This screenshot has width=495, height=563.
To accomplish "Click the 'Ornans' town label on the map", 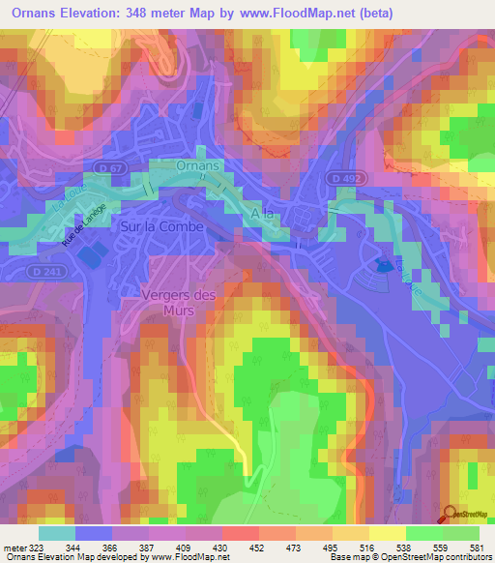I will coord(199,166).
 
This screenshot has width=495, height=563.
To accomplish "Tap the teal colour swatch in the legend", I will coord(57,533).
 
